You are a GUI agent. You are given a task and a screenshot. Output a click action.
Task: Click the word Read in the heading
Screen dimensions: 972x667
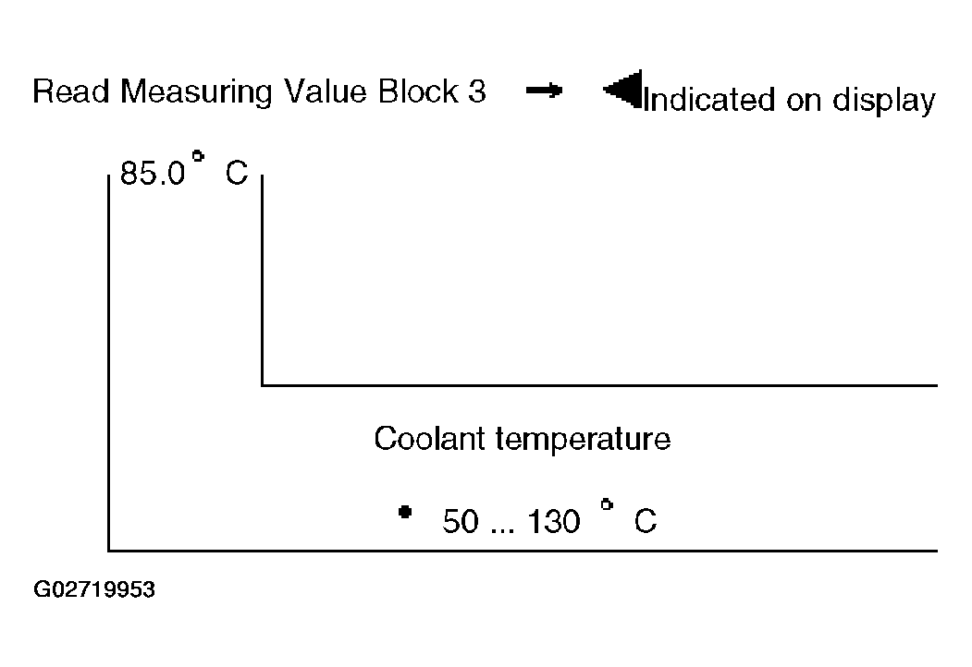click(x=70, y=91)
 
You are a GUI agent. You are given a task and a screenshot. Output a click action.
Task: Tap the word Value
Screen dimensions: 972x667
click(x=325, y=91)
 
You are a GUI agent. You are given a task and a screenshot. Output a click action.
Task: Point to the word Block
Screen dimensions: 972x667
click(x=418, y=91)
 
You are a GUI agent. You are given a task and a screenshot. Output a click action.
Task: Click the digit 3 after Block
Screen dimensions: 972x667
click(x=476, y=91)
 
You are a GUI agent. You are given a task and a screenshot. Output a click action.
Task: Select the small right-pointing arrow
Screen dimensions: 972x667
click(x=544, y=91)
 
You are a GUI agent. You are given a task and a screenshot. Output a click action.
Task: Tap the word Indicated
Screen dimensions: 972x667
click(x=709, y=100)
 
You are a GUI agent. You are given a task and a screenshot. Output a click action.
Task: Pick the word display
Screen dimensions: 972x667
click(x=883, y=102)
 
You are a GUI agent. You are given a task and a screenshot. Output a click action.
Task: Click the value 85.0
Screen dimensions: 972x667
click(x=153, y=174)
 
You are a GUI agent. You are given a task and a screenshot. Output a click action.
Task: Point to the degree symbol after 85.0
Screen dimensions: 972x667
click(x=198, y=156)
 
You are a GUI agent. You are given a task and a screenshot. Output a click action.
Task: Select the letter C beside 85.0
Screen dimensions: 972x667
click(x=236, y=174)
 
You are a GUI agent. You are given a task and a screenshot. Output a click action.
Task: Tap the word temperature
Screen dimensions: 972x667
click(x=583, y=441)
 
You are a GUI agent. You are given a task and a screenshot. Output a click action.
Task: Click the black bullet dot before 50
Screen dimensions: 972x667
click(x=405, y=512)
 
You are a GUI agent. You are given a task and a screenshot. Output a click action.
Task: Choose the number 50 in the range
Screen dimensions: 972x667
click(x=461, y=521)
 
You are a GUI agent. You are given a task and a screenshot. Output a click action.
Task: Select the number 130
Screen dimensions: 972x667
click(x=554, y=521)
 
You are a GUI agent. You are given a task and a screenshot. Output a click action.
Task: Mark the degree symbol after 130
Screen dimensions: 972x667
click(x=607, y=504)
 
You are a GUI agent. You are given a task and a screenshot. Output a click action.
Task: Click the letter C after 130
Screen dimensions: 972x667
click(x=646, y=521)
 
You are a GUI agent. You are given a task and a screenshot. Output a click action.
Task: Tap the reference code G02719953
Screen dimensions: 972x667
click(x=94, y=589)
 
